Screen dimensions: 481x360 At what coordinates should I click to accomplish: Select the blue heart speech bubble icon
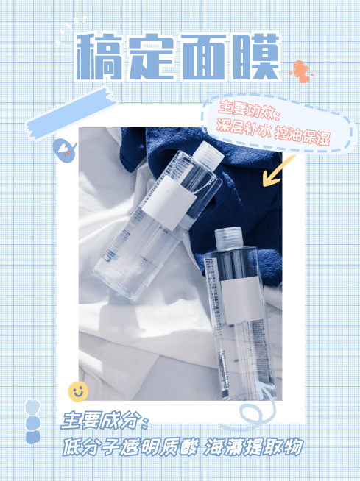click(64, 151)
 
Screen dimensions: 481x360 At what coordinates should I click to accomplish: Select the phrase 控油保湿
click(303, 135)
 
